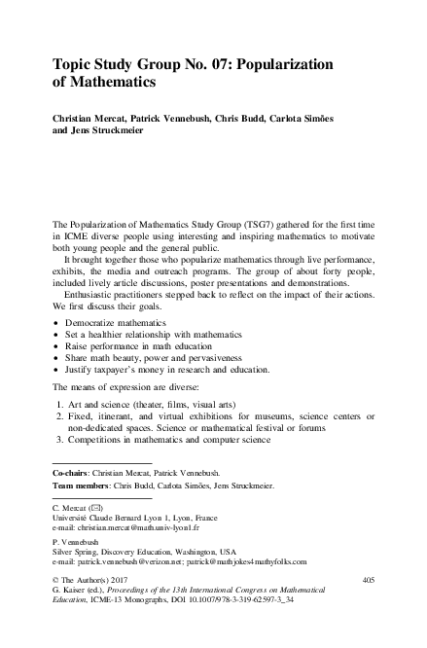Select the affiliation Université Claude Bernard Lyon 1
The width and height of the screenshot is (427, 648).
coord(108,518)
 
